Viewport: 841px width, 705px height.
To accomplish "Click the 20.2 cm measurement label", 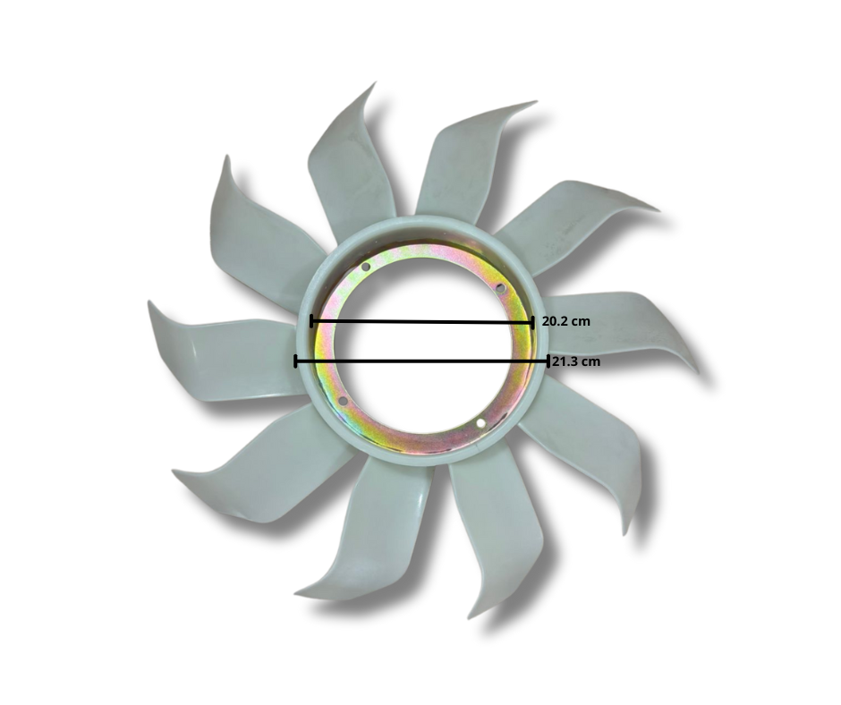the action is (565, 321).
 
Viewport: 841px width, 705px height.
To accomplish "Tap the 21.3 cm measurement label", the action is (576, 361).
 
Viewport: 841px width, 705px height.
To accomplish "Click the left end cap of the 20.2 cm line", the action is (311, 321).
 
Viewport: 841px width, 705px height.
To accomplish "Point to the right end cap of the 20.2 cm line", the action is (532, 322).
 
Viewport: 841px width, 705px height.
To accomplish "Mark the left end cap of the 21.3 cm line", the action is (295, 361).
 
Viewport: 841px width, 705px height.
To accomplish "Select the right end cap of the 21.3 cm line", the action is (548, 361).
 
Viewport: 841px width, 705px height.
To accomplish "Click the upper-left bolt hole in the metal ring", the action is (366, 267).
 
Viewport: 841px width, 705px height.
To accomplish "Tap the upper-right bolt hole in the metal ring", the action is (500, 288).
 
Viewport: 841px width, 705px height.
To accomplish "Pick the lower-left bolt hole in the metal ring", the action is (344, 402).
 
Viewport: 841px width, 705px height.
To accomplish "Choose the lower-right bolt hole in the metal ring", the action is (480, 423).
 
